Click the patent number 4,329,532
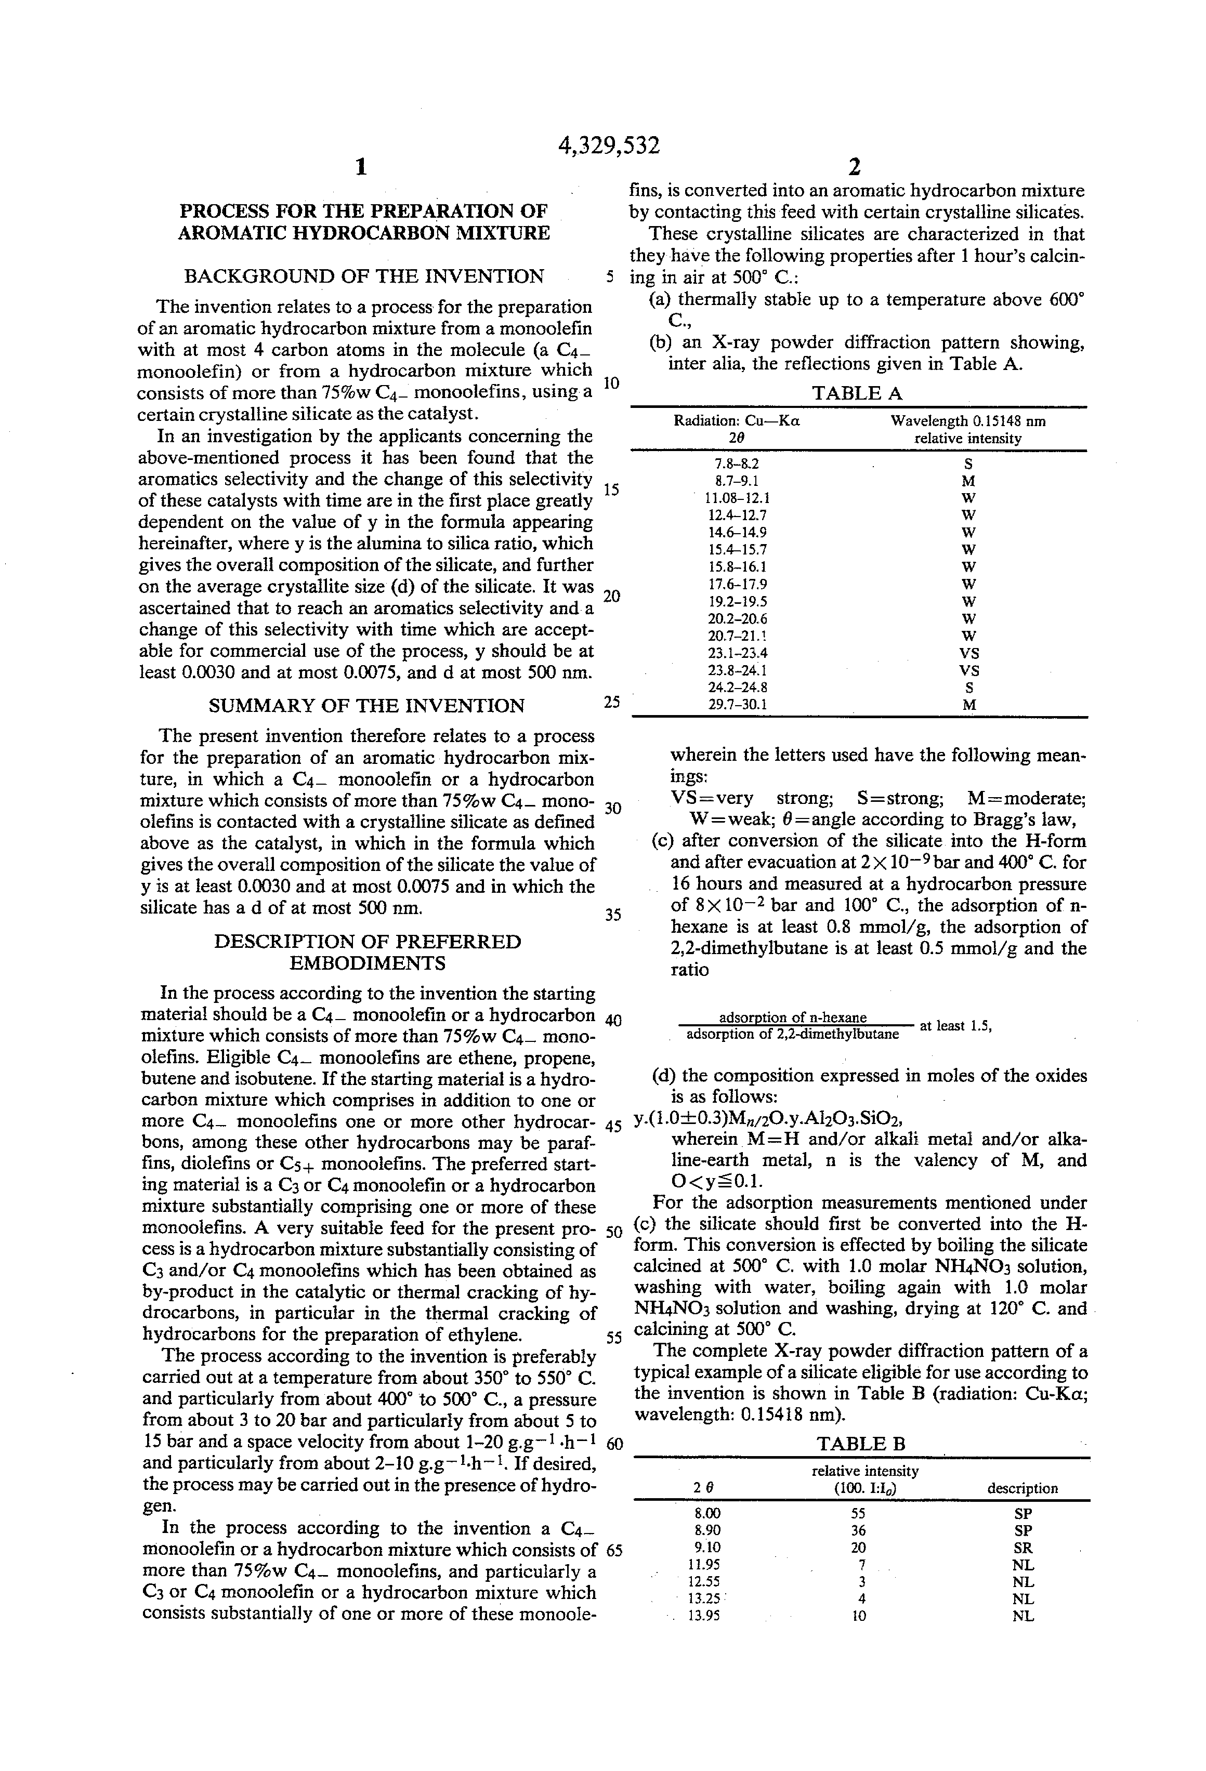(608, 145)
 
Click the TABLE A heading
(857, 393)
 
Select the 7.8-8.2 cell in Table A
(737, 464)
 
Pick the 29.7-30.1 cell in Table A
(737, 705)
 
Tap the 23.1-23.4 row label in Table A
(737, 653)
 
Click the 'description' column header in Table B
(1023, 1488)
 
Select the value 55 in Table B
(858, 1514)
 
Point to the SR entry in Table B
(1023, 1548)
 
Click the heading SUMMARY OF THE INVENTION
(366, 706)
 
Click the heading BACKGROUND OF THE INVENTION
(364, 276)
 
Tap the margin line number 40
(613, 1021)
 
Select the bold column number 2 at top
(855, 167)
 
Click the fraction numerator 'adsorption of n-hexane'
(793, 1017)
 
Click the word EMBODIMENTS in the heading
(368, 963)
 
